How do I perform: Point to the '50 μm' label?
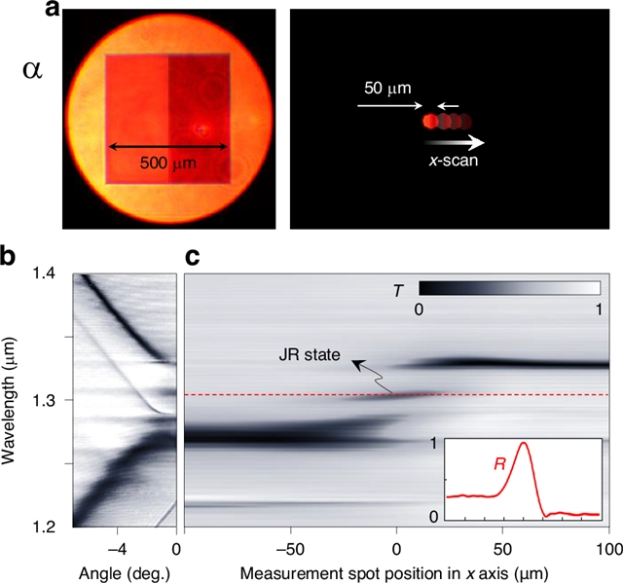tap(385, 87)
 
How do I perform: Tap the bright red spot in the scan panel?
tap(429, 122)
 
